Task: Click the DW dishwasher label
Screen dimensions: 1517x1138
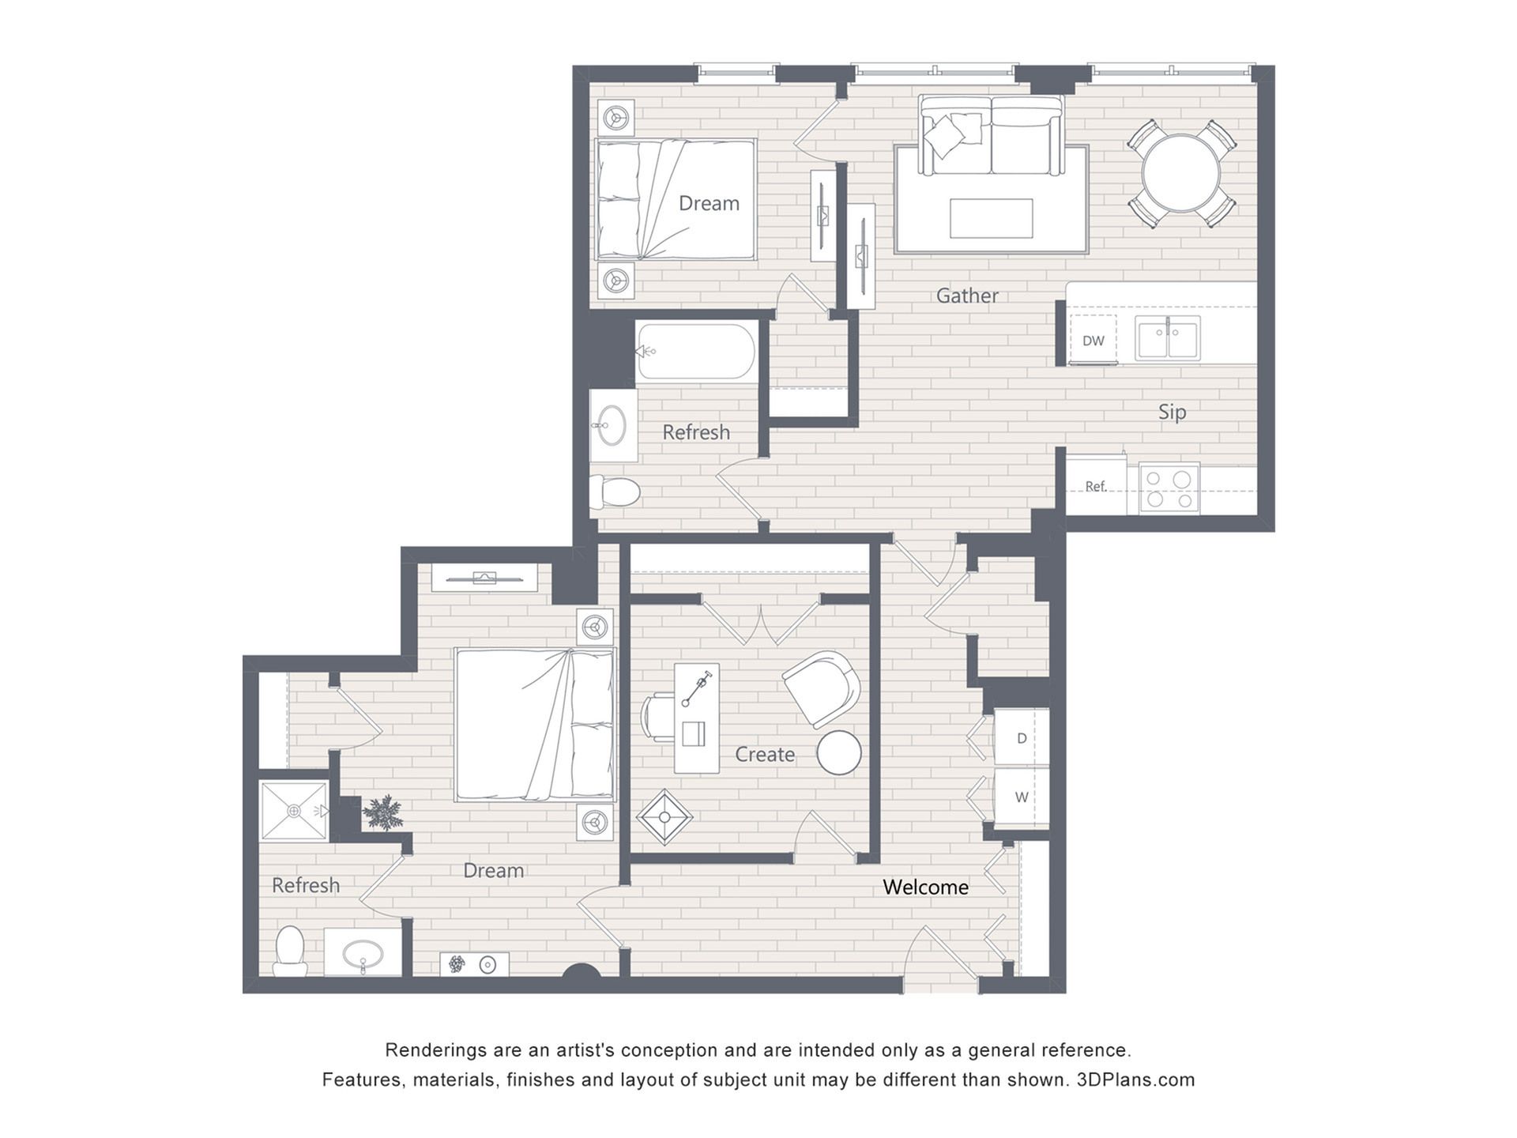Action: (1094, 341)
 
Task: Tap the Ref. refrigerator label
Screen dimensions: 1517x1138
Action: (1095, 486)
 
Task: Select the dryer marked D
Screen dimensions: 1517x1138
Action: (1022, 737)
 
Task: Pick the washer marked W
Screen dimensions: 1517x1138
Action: (1022, 797)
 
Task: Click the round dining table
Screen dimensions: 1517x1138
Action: (1181, 173)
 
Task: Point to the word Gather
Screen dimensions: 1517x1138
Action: (967, 296)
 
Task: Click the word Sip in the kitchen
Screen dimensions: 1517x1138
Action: (1173, 412)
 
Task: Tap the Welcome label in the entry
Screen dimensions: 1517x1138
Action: (925, 887)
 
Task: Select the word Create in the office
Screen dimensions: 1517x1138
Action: (765, 754)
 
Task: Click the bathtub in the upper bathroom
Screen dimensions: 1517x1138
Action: (696, 352)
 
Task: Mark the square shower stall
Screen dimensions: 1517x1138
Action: (293, 810)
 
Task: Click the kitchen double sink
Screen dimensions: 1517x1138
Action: (1168, 337)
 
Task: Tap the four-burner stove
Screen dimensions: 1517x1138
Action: (1169, 488)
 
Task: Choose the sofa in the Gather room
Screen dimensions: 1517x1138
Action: (991, 135)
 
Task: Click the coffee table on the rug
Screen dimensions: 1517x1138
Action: (991, 218)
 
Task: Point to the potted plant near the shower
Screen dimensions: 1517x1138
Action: (383, 812)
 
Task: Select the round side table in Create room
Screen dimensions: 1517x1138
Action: (839, 752)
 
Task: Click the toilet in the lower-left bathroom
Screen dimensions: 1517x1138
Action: (290, 951)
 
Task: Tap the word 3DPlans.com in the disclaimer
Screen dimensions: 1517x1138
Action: (1135, 1080)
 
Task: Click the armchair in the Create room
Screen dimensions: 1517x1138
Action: (821, 688)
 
